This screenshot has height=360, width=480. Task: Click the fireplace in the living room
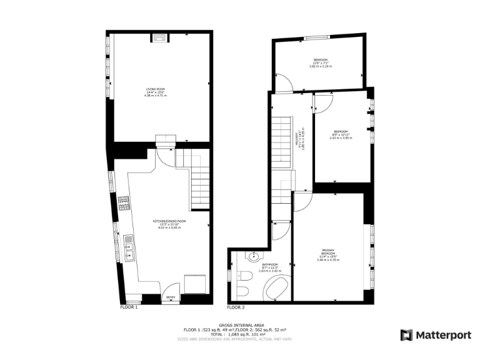[160, 37]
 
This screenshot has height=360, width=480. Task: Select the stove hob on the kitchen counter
[124, 203]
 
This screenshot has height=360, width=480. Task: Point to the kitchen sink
[128, 247]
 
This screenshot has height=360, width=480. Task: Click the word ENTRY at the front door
[170, 297]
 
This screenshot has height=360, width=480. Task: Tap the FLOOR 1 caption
[129, 307]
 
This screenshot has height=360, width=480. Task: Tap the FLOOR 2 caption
[236, 307]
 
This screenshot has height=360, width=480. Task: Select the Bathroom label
[270, 267]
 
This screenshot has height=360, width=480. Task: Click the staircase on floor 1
[199, 184]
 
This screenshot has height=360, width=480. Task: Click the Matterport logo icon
[406, 335]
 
